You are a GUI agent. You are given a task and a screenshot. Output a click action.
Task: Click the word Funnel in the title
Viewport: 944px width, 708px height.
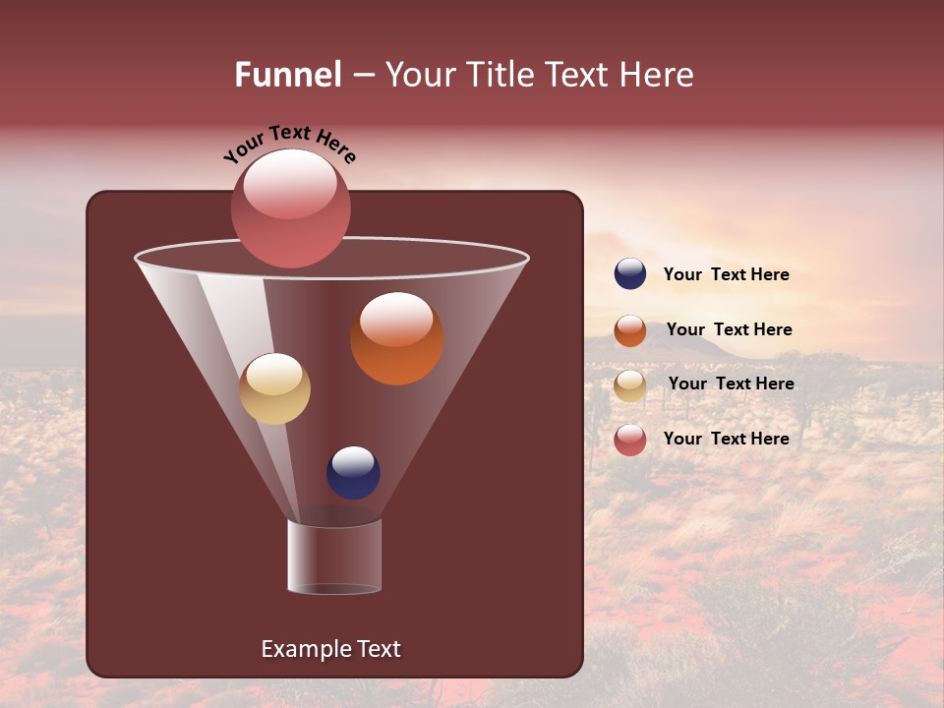287,75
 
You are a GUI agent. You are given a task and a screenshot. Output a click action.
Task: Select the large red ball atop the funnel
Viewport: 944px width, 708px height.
290,208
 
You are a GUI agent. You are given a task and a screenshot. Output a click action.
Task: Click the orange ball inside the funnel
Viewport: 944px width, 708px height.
396,339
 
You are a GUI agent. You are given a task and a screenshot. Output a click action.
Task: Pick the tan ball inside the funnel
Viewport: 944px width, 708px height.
274,388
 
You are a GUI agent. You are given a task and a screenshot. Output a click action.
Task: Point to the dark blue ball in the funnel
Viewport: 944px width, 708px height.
353,473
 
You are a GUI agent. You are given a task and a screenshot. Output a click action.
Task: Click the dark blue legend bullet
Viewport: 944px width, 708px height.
630,274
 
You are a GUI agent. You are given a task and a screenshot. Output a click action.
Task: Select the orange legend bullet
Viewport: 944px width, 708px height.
630,330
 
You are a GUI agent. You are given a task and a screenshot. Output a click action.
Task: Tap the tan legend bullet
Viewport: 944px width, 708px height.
630,385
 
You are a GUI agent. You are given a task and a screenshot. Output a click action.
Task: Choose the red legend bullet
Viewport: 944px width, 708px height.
630,440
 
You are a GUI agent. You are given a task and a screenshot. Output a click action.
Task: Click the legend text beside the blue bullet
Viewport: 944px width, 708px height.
726,274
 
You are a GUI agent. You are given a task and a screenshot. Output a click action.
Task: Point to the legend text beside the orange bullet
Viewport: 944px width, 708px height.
729,329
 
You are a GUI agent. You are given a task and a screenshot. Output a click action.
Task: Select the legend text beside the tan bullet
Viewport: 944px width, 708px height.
731,383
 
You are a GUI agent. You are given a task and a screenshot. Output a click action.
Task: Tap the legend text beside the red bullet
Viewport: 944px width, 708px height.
726,439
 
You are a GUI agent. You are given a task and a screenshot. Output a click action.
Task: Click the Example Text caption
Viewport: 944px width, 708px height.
330,649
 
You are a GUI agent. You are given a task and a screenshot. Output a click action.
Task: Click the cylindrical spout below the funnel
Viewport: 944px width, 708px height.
334,558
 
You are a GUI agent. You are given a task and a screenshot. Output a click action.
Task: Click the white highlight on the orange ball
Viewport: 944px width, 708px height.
396,319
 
